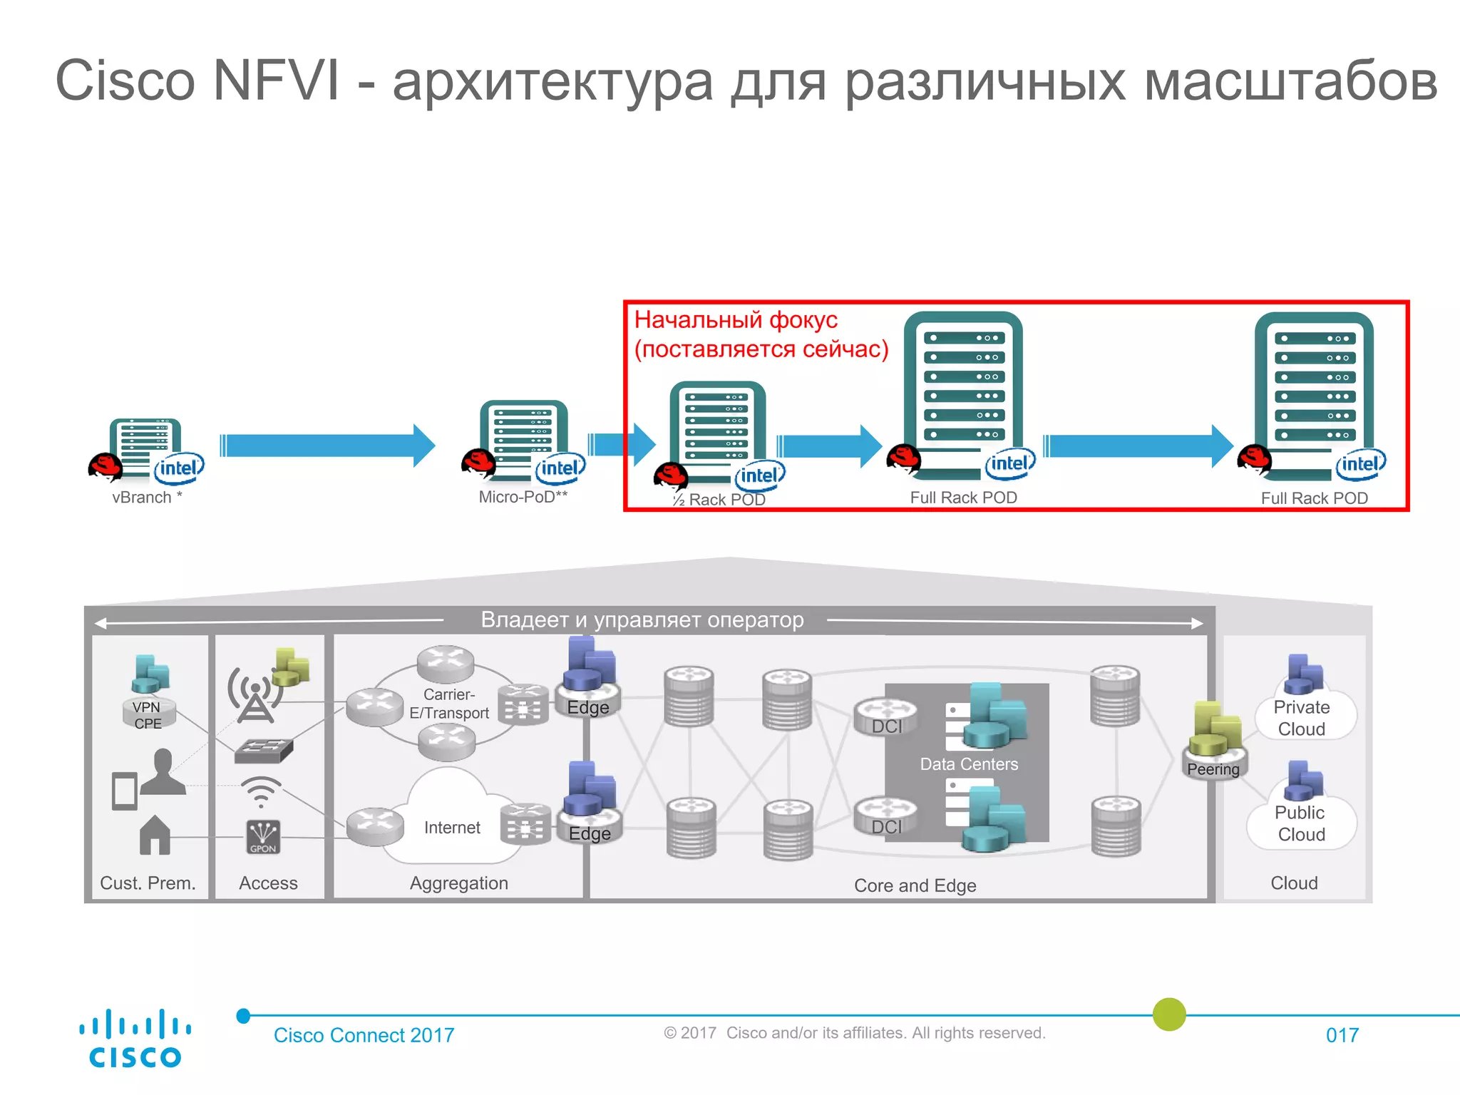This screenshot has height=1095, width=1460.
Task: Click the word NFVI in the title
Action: click(x=277, y=81)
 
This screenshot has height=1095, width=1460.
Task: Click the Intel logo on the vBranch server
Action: click(x=179, y=468)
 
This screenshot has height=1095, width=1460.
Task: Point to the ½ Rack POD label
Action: click(x=719, y=500)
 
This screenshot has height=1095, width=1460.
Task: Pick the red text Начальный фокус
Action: click(x=736, y=320)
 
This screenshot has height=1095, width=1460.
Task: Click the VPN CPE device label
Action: click(x=148, y=715)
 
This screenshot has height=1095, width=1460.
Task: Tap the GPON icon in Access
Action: click(x=262, y=837)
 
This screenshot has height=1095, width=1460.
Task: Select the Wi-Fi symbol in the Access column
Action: click(x=261, y=791)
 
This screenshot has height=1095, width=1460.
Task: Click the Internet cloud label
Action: click(x=452, y=828)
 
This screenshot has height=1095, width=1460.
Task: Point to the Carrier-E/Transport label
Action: click(x=449, y=704)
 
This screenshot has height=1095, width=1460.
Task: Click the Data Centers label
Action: click(x=968, y=764)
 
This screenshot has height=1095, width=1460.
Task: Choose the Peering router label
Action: click(x=1213, y=769)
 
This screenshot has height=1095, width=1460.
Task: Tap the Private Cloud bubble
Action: click(x=1302, y=718)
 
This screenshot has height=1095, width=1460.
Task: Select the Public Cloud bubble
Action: click(x=1301, y=823)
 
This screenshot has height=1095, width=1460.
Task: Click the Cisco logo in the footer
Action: click(x=135, y=1038)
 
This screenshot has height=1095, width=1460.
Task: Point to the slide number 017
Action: click(x=1342, y=1035)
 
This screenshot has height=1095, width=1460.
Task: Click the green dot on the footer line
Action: click(x=1169, y=1014)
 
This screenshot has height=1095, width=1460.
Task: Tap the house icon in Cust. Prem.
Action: click(x=155, y=836)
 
